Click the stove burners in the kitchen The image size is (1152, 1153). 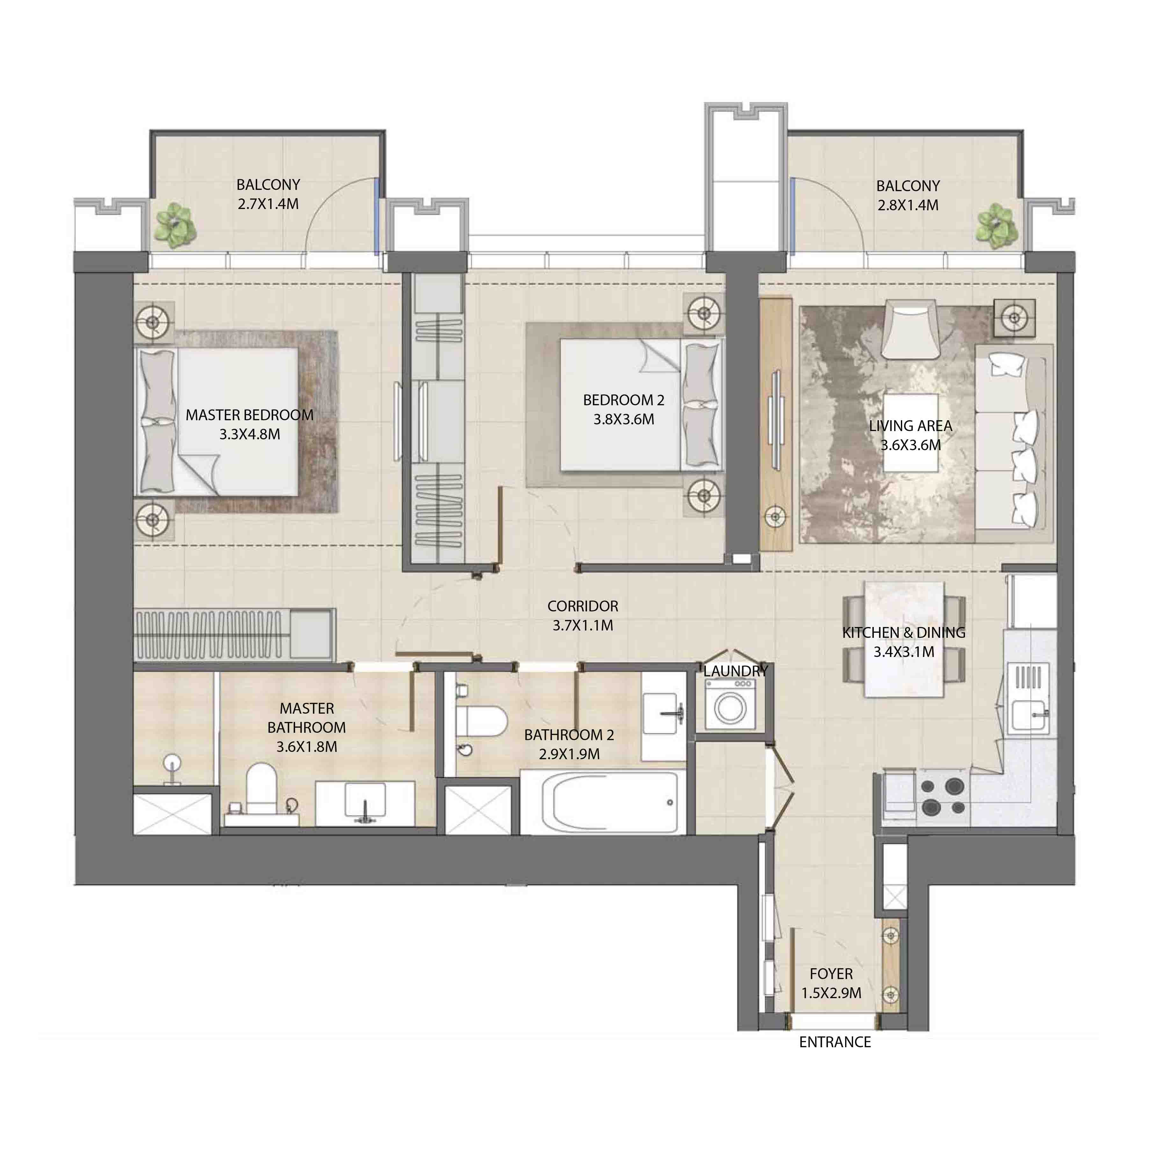(x=943, y=797)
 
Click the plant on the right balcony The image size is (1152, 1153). (x=997, y=225)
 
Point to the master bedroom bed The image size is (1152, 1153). (x=218, y=421)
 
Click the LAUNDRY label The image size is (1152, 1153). (x=735, y=671)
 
